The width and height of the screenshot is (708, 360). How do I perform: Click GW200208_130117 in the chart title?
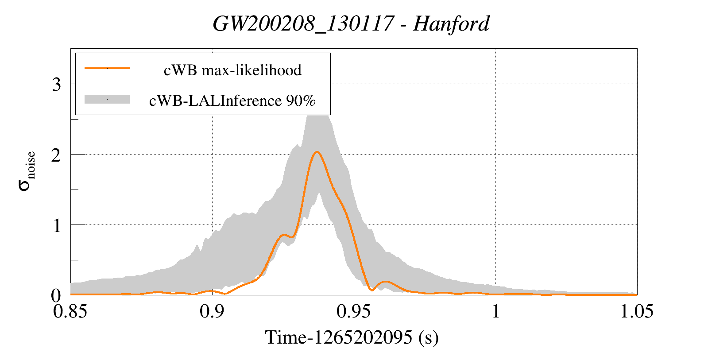(x=303, y=23)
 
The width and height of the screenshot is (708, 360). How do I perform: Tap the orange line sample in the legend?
(x=107, y=68)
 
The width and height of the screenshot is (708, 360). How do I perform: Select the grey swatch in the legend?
(x=107, y=99)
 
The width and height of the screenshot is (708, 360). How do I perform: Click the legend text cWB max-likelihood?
(x=232, y=70)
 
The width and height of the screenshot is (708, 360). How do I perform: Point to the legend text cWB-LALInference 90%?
(x=232, y=101)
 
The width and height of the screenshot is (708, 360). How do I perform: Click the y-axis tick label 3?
(x=56, y=84)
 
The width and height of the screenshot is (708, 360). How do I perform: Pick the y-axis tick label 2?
(x=56, y=155)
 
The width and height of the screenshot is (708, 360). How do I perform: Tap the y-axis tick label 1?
(x=56, y=225)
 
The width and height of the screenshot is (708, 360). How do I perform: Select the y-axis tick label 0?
(x=56, y=295)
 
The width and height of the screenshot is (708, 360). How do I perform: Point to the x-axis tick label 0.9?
(x=212, y=311)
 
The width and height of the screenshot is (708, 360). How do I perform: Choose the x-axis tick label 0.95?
(x=353, y=311)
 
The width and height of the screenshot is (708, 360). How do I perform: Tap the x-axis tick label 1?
(x=495, y=311)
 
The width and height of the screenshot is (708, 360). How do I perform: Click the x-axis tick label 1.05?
(x=637, y=311)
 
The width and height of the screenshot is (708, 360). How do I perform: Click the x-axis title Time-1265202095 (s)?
(x=352, y=338)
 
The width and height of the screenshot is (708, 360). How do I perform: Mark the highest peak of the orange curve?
(x=317, y=152)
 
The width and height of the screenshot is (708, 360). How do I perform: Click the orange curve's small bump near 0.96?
(x=386, y=282)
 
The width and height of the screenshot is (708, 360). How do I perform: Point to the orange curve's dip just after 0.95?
(x=372, y=290)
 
